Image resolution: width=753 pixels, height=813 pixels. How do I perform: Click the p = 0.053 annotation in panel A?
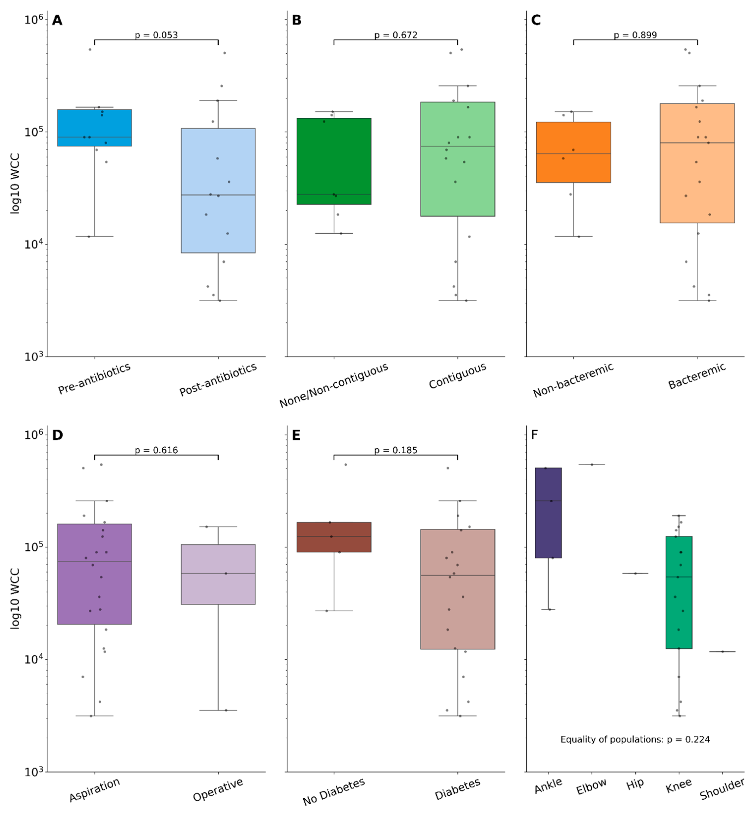156,35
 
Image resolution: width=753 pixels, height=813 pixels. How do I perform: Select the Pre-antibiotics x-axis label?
94,379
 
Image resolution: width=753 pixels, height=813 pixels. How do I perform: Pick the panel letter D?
58,435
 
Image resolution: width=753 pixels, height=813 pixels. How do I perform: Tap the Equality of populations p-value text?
635,739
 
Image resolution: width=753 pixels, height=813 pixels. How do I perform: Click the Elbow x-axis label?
591,786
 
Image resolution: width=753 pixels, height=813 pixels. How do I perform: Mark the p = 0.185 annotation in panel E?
395,450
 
